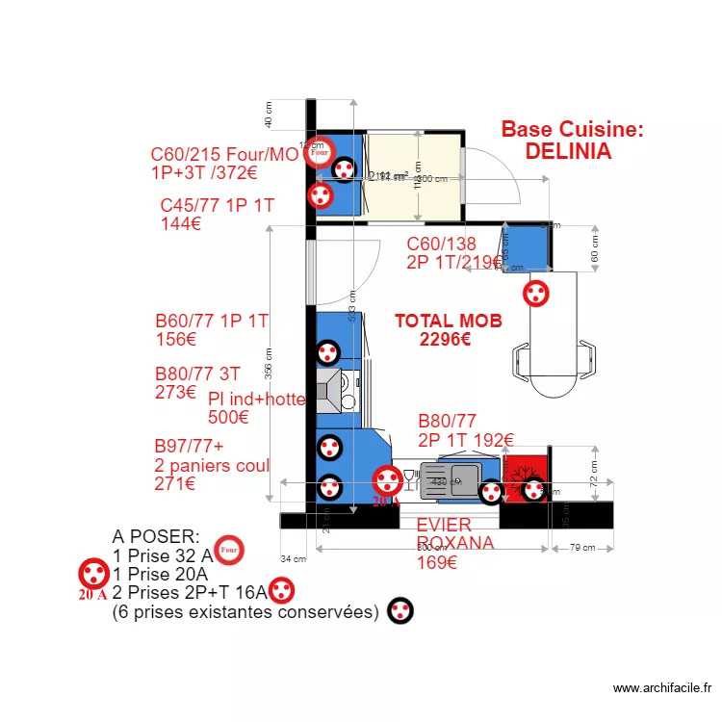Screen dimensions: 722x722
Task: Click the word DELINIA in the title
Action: [568, 151]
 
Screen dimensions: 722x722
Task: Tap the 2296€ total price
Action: [445, 339]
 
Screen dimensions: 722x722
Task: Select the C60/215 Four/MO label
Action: [224, 155]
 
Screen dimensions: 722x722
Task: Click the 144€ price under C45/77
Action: [181, 223]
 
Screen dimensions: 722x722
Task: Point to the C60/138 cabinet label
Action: [441, 244]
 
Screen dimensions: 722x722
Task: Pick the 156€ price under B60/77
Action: [175, 339]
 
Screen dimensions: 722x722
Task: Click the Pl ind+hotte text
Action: [256, 400]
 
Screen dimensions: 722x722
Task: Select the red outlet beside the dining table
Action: [534, 293]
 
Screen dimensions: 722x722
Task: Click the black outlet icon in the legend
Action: [400, 610]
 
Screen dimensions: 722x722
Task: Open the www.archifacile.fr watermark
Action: [661, 688]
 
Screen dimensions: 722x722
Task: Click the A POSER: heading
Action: [156, 535]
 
